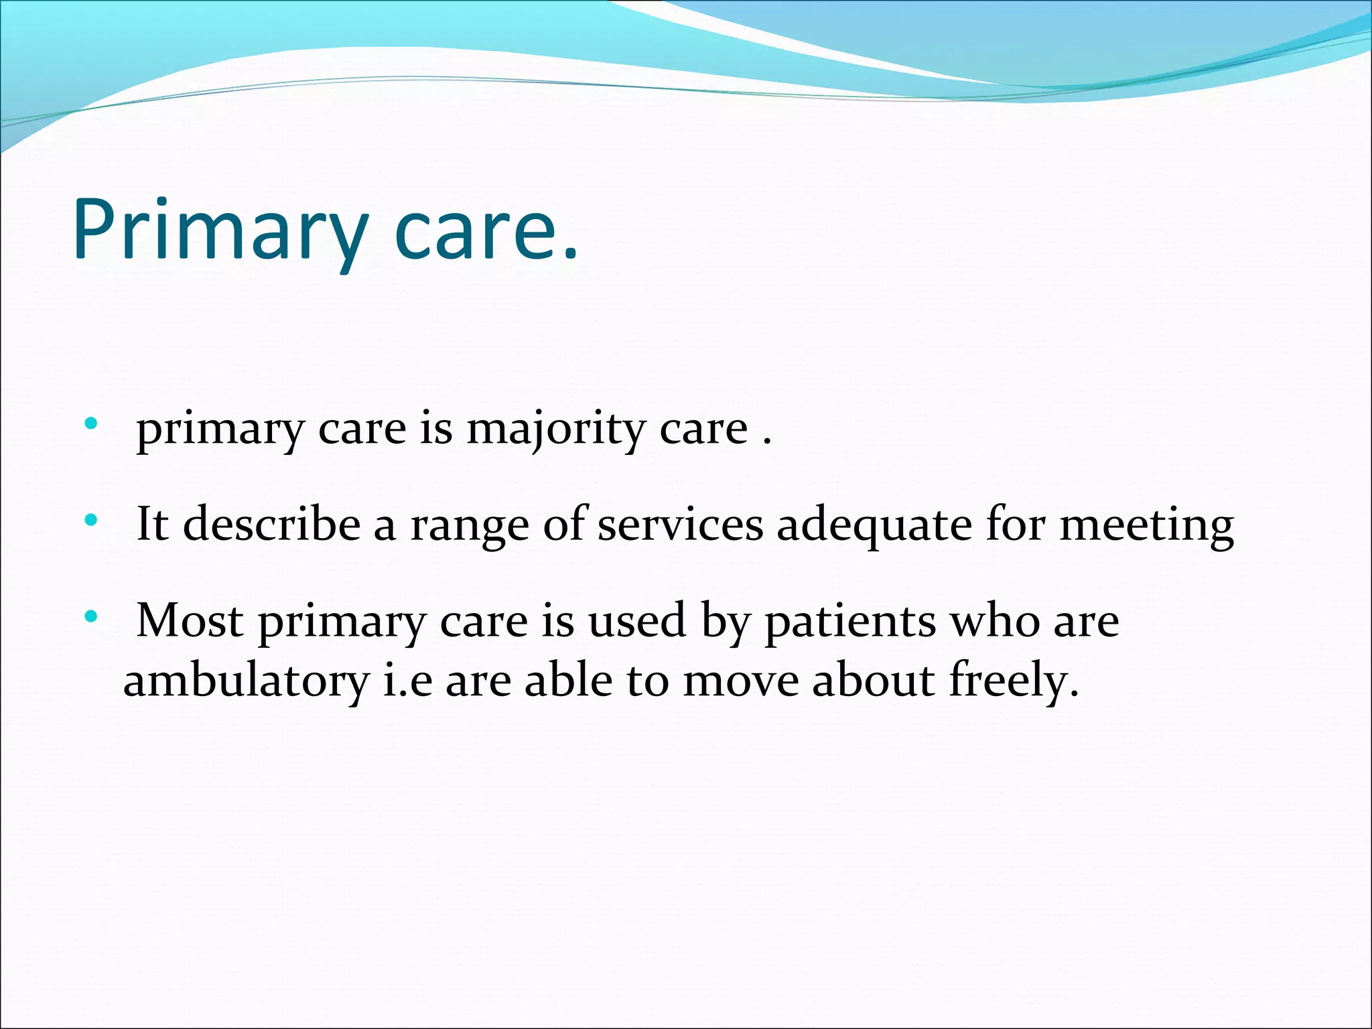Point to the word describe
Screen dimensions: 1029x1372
(271, 525)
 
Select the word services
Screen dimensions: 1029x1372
(680, 525)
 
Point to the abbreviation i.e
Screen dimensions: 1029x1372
(407, 681)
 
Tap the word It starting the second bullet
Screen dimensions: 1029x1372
(152, 525)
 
